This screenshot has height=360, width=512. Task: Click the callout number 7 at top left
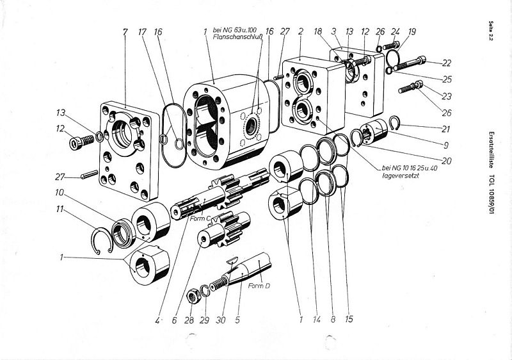point(125,32)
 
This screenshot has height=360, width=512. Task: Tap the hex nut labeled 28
point(193,297)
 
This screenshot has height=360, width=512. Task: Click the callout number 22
point(446,63)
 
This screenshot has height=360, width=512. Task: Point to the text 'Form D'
point(259,286)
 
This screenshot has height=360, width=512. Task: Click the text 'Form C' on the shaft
point(200,218)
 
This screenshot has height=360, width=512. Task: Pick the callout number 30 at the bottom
point(221,320)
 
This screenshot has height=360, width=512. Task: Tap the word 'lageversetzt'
point(401,176)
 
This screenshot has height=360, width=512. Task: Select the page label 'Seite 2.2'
point(490,31)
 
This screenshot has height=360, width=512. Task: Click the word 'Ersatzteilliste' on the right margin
point(490,150)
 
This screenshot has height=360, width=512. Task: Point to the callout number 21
point(445,129)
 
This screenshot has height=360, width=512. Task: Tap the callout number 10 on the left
point(60,193)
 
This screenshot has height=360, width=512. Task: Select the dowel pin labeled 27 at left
point(90,175)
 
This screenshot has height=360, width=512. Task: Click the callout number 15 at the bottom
point(349,319)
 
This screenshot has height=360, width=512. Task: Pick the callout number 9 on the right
point(446,145)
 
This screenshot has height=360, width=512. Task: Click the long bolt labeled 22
point(410,63)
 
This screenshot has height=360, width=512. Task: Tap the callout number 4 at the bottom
point(157,320)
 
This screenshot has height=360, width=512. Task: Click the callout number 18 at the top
point(317,31)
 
